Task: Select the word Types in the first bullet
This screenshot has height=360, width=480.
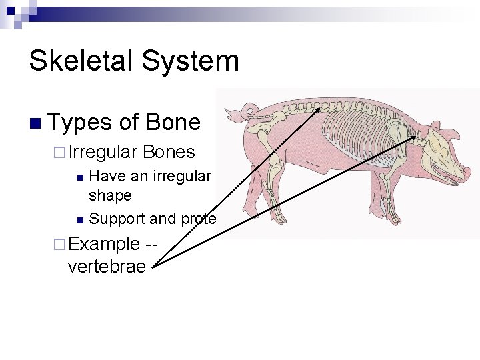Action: pos(80,123)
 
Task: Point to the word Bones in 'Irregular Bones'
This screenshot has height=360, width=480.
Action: pos(169,152)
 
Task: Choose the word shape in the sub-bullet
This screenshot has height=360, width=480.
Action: pos(110,196)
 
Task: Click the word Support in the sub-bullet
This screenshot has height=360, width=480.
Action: pos(117,219)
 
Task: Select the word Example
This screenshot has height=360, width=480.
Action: pos(103,243)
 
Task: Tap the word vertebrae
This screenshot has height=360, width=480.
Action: pos(107,267)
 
